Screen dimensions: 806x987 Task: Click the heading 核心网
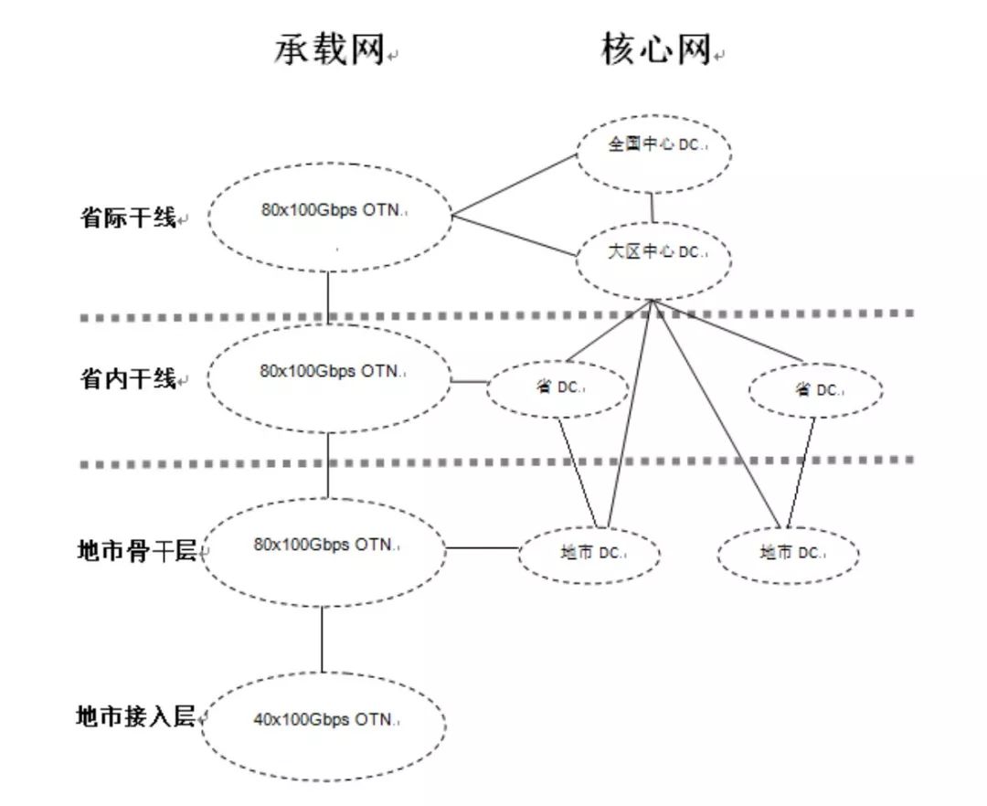click(x=655, y=50)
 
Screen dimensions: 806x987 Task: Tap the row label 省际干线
click(x=128, y=218)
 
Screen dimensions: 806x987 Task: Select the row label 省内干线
click(x=128, y=378)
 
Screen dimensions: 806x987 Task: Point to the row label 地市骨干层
click(x=137, y=550)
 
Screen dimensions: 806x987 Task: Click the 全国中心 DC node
click(x=653, y=146)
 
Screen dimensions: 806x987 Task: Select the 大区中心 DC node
click(x=653, y=252)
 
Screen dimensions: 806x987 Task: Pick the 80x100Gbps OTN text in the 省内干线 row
click(x=330, y=371)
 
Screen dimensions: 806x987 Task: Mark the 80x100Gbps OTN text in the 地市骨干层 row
click(x=325, y=545)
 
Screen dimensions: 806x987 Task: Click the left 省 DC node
click(x=557, y=388)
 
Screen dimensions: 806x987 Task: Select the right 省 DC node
click(x=815, y=390)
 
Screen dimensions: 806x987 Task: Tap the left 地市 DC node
click(x=589, y=553)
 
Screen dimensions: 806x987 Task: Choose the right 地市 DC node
click(x=788, y=553)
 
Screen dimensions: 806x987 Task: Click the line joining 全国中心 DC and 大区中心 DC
click(x=653, y=207)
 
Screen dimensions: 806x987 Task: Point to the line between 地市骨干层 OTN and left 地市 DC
click(x=482, y=548)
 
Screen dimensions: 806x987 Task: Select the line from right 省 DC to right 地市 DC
click(x=798, y=472)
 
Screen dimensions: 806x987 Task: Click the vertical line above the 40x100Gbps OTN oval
click(x=322, y=640)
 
